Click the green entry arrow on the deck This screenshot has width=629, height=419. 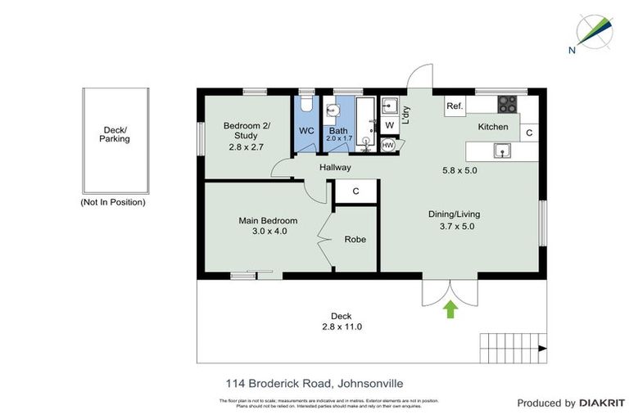(449, 309)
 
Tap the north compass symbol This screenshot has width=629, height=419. (591, 31)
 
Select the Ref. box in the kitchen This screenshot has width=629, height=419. (455, 106)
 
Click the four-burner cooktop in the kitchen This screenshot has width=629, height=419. (508, 105)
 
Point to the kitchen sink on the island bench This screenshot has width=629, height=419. (501, 151)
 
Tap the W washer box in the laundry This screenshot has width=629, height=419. (390, 124)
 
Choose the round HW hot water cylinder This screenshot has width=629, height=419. (388, 145)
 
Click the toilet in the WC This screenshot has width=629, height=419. (305, 104)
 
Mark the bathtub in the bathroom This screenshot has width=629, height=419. (366, 124)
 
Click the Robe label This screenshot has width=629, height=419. (355, 240)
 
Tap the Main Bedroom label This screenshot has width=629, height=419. (268, 220)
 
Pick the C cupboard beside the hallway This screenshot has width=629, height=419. (355, 191)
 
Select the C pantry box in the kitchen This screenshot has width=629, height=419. (529, 133)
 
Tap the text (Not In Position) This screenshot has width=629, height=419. (113, 202)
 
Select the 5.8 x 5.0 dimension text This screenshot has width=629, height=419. (459, 170)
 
